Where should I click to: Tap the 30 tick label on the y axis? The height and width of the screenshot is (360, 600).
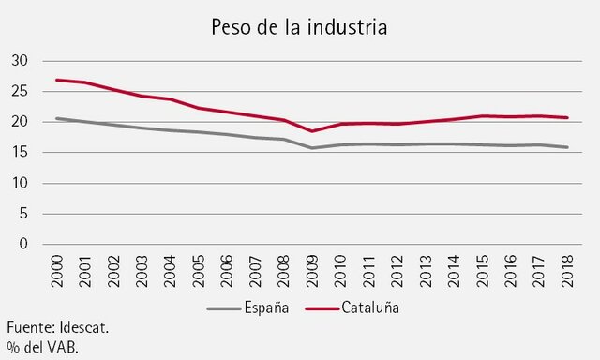(x=21, y=61)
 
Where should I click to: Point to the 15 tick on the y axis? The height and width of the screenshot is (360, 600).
(x=21, y=153)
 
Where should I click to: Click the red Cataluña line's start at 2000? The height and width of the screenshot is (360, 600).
(x=58, y=80)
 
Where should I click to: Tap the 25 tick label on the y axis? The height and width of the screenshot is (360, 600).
(x=21, y=92)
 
